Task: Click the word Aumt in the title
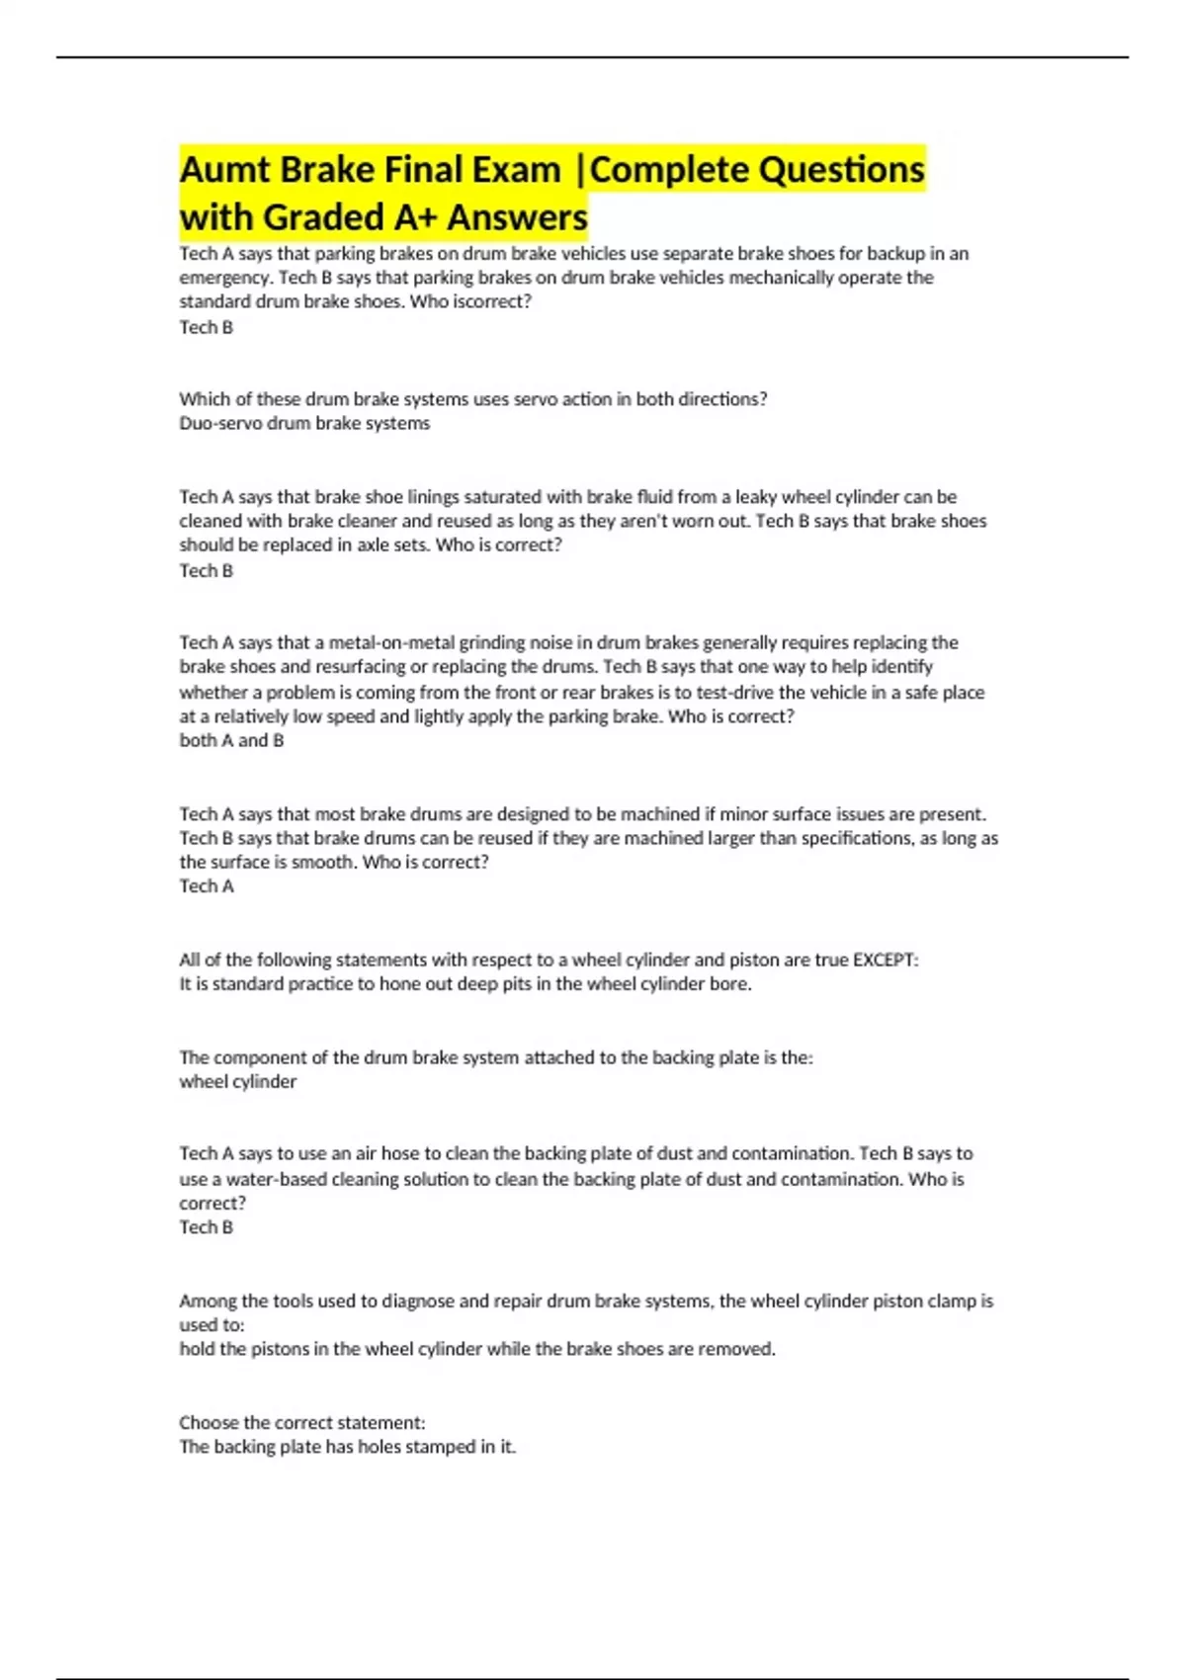[x=224, y=170]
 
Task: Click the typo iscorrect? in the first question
[x=492, y=301]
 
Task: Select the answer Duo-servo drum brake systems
[x=304, y=423]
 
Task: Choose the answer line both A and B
[x=231, y=740]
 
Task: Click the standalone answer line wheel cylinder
[x=237, y=1081]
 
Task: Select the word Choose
[x=210, y=1423]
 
